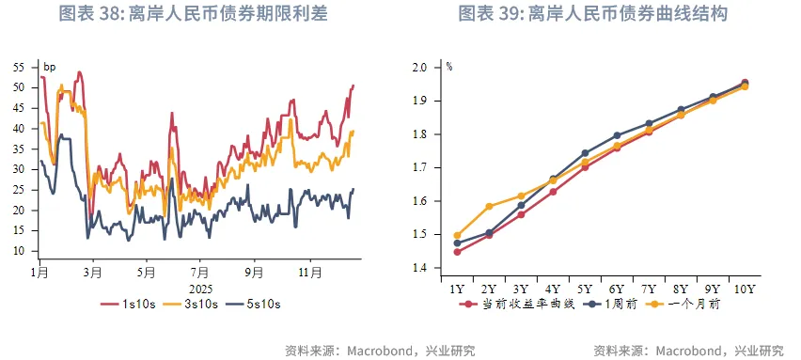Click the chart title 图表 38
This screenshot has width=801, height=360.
tap(195, 14)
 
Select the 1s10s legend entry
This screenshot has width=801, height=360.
tap(130, 305)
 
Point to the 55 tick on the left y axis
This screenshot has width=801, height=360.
tap(19, 67)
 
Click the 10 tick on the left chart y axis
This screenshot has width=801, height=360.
tap(19, 251)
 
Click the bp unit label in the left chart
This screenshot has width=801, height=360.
tap(50, 67)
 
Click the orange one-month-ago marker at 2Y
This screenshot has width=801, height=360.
tap(489, 207)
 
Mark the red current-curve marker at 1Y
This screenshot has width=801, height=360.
tap(457, 252)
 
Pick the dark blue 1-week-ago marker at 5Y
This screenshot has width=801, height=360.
tap(585, 152)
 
